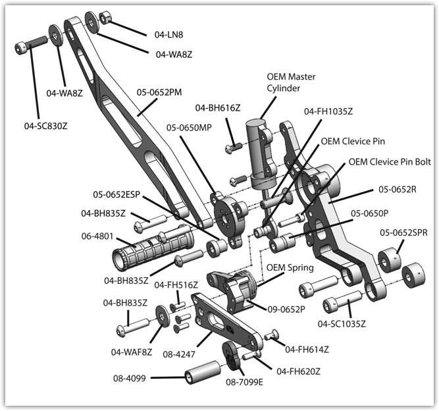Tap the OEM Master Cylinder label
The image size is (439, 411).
click(x=291, y=82)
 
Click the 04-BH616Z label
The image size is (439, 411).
click(x=217, y=107)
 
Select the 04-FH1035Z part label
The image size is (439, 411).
click(x=328, y=111)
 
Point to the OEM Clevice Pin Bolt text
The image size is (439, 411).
click(x=393, y=161)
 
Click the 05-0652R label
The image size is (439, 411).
click(x=398, y=190)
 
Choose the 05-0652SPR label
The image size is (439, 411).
click(x=403, y=233)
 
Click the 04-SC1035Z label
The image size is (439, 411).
click(x=342, y=323)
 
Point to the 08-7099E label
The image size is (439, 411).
click(x=244, y=381)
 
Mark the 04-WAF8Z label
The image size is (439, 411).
click(x=132, y=352)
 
